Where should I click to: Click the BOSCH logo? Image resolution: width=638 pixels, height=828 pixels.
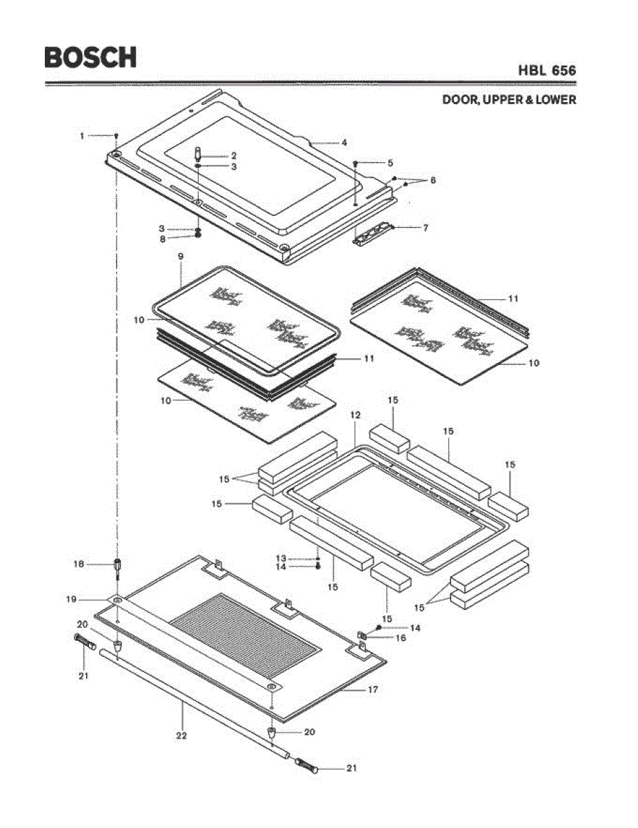[x=90, y=57]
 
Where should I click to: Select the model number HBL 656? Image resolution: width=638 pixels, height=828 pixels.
[x=547, y=70]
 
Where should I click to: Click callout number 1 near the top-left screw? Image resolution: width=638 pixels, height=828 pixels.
[x=81, y=136]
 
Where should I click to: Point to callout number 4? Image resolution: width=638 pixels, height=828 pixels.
[x=343, y=143]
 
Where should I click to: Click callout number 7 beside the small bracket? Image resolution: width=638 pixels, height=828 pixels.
[x=426, y=227]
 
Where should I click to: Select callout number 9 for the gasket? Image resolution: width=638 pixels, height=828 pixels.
[x=180, y=255]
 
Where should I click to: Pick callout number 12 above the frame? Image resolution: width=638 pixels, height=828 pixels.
[x=355, y=415]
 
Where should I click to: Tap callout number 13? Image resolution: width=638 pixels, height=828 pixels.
[x=281, y=558]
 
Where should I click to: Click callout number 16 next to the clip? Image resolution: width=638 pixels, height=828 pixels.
[x=401, y=638]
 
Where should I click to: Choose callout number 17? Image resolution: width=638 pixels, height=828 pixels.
[x=374, y=689]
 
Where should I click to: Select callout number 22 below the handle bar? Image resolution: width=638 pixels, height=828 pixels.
[x=181, y=736]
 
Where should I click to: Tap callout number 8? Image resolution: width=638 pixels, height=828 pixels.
[x=163, y=239]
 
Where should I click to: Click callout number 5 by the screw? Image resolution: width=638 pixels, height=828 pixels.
[x=390, y=163]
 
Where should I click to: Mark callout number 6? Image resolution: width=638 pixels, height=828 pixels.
[x=432, y=180]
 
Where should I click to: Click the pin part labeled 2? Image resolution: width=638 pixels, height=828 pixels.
[x=198, y=153]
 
